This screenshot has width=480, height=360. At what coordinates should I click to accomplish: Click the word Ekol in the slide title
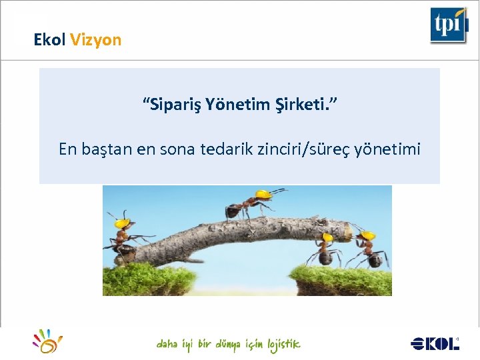(x=49, y=40)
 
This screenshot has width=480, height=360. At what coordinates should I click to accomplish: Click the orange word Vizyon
(x=95, y=40)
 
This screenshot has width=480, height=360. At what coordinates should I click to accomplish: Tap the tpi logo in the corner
(x=448, y=25)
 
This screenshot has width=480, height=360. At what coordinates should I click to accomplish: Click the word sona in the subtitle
(x=177, y=149)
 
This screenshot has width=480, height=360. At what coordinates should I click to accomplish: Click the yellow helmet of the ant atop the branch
(x=264, y=194)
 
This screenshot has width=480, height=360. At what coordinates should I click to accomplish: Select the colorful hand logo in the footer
(x=49, y=341)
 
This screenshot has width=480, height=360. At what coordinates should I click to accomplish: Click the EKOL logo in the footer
(x=435, y=343)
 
